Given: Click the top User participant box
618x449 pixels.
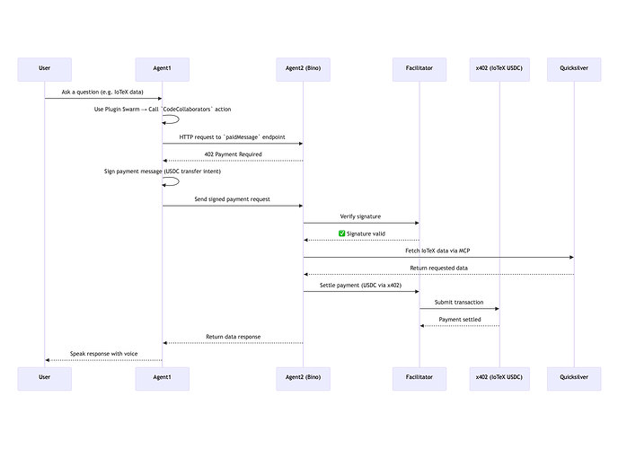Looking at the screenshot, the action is (45, 70).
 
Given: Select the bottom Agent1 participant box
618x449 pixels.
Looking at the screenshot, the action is (163, 379).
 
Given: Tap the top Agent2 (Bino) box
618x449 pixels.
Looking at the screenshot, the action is (303, 70).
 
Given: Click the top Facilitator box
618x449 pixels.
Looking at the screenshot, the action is (419, 70).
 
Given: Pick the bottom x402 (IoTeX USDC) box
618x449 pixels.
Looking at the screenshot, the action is (499, 379).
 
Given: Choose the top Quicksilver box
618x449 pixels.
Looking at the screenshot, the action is (574, 70).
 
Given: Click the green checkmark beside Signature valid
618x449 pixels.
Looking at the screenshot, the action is (341, 233).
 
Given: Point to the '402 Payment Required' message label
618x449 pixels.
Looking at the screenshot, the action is (233, 154).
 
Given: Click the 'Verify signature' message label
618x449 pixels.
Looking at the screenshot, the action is (360, 216).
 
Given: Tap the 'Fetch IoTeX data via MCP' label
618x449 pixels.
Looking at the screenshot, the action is (437, 251).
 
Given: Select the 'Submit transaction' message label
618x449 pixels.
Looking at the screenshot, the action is (459, 303).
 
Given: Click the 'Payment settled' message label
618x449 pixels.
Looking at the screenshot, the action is (460, 320).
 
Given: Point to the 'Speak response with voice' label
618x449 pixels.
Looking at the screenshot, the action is (103, 354).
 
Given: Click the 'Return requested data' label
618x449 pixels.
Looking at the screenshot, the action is (438, 269).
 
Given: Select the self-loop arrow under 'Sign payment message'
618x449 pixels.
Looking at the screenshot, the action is (179, 181).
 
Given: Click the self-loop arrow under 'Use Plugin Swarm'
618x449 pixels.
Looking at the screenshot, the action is (179, 119).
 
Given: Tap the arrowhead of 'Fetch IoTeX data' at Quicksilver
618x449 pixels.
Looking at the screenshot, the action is (572, 257).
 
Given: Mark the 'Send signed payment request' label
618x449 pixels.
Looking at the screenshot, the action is (232, 199).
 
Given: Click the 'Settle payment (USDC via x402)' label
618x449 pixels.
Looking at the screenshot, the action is (360, 286).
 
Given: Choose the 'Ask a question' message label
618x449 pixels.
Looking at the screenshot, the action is (102, 92).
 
